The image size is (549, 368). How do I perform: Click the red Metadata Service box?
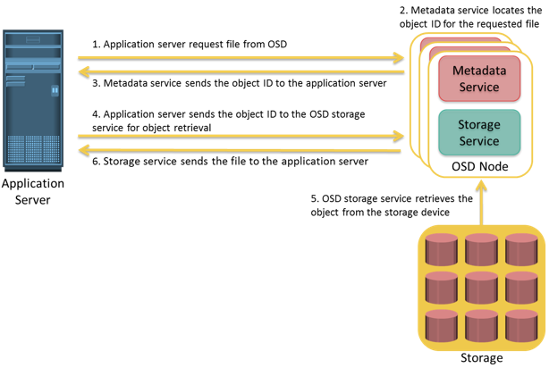(x=479, y=79)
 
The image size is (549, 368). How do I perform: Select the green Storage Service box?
(x=479, y=132)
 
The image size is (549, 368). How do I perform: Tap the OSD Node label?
(x=479, y=166)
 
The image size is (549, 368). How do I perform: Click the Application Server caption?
(x=32, y=192)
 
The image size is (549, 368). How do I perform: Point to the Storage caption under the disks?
(x=481, y=358)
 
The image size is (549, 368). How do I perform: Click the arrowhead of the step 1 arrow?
(x=399, y=58)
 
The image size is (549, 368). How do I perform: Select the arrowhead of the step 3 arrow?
(x=84, y=72)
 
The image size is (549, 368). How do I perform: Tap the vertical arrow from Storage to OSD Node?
(x=481, y=203)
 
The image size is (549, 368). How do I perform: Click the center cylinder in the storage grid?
(x=481, y=288)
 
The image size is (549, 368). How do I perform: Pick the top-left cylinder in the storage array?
(x=441, y=249)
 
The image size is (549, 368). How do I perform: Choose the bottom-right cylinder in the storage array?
(x=521, y=326)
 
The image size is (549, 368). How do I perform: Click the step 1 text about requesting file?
(x=190, y=45)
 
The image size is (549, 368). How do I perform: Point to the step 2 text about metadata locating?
(x=470, y=17)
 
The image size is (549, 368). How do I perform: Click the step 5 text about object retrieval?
(x=392, y=205)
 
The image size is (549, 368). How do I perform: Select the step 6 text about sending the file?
(x=230, y=162)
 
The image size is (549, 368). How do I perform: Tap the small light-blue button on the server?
(x=55, y=90)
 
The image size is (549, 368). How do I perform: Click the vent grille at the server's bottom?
(x=33, y=149)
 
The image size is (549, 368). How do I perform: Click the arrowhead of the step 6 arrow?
(x=84, y=150)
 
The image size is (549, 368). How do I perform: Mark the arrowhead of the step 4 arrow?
(x=399, y=136)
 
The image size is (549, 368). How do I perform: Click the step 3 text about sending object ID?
(x=239, y=83)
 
